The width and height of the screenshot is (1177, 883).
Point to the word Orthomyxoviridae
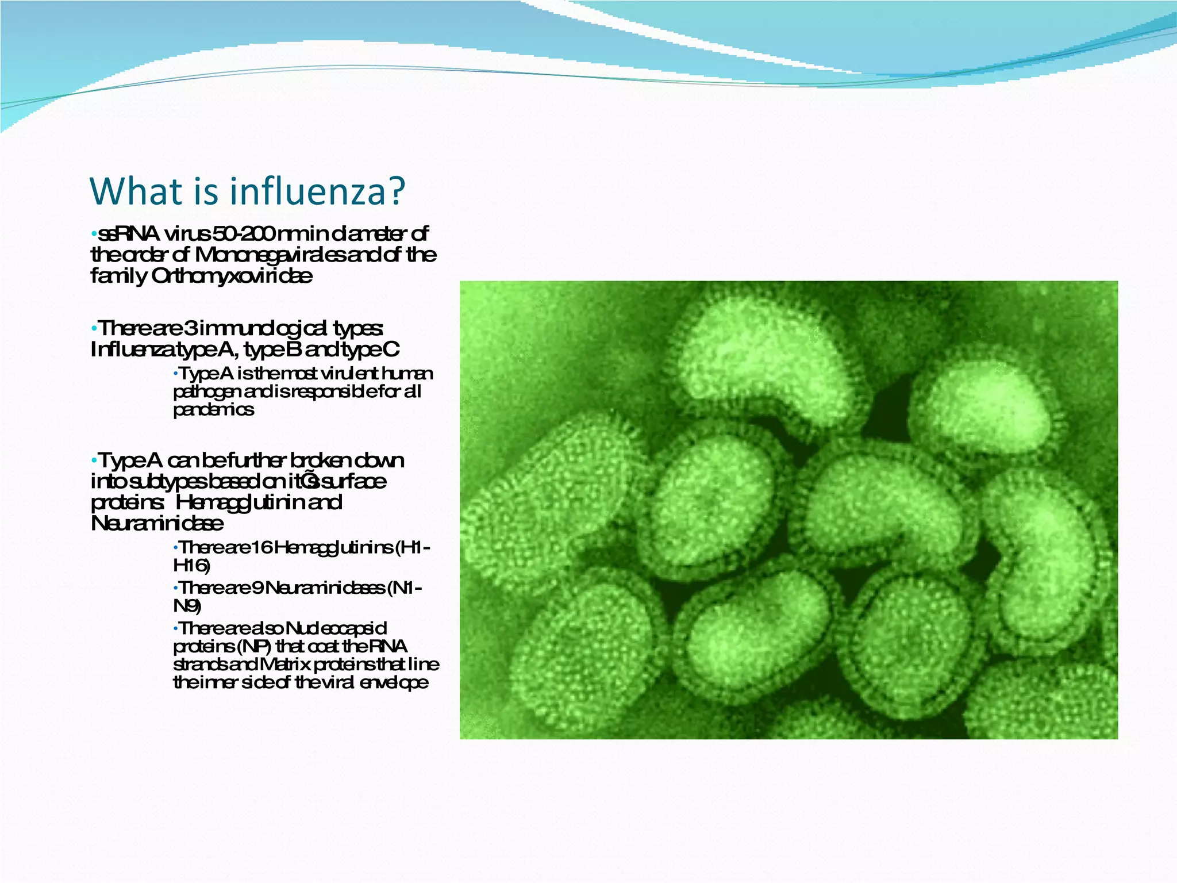pyautogui.click(x=232, y=276)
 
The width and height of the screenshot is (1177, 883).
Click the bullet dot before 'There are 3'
pyautogui.click(x=94, y=329)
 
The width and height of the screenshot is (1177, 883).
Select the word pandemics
pyautogui.click(x=213, y=410)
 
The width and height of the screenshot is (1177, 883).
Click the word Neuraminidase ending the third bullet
pyautogui.click(x=157, y=524)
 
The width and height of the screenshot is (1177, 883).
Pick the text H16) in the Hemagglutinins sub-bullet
pyautogui.click(x=191, y=566)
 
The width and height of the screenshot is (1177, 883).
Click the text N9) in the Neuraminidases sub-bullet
pyautogui.click(x=187, y=606)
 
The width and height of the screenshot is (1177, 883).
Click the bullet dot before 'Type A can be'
pyautogui.click(x=94, y=462)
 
